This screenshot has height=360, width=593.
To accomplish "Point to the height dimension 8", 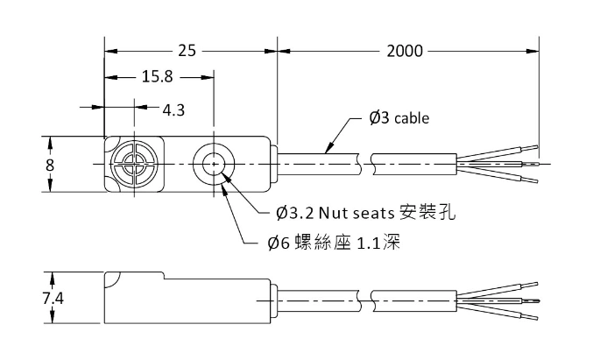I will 50,165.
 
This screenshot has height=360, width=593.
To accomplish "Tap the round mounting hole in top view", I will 211,164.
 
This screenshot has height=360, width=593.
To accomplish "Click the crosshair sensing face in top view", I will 133,164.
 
